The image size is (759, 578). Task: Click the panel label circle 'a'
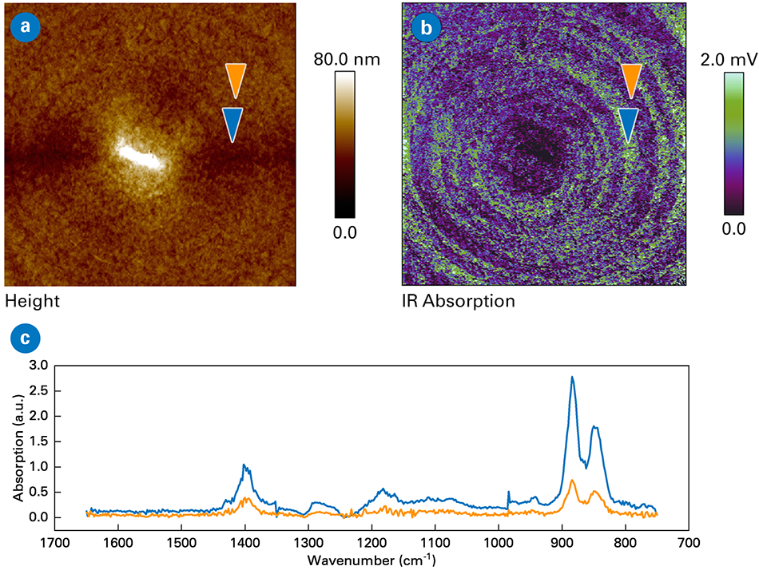click(26, 26)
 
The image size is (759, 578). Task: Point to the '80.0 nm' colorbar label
click(348, 60)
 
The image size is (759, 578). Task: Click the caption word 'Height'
click(32, 302)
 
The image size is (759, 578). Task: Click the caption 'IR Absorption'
click(458, 302)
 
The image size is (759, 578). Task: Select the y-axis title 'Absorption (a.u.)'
click(19, 441)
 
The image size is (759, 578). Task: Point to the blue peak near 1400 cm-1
click(244, 465)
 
